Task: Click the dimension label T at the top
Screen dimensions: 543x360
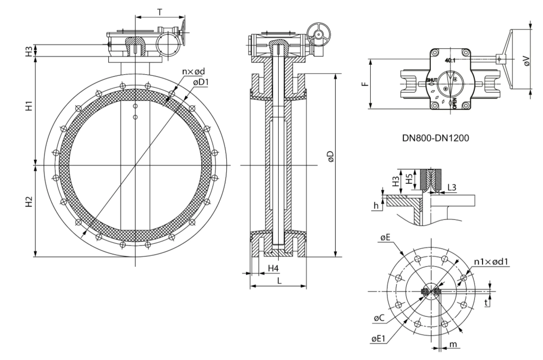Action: [x=160, y=12]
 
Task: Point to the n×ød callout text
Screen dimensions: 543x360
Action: [x=194, y=72]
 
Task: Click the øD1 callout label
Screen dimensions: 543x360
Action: [x=201, y=82]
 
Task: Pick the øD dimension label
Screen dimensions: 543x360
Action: [x=330, y=156]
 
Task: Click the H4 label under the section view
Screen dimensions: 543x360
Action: [x=273, y=268]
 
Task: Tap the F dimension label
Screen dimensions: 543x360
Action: [x=364, y=84]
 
